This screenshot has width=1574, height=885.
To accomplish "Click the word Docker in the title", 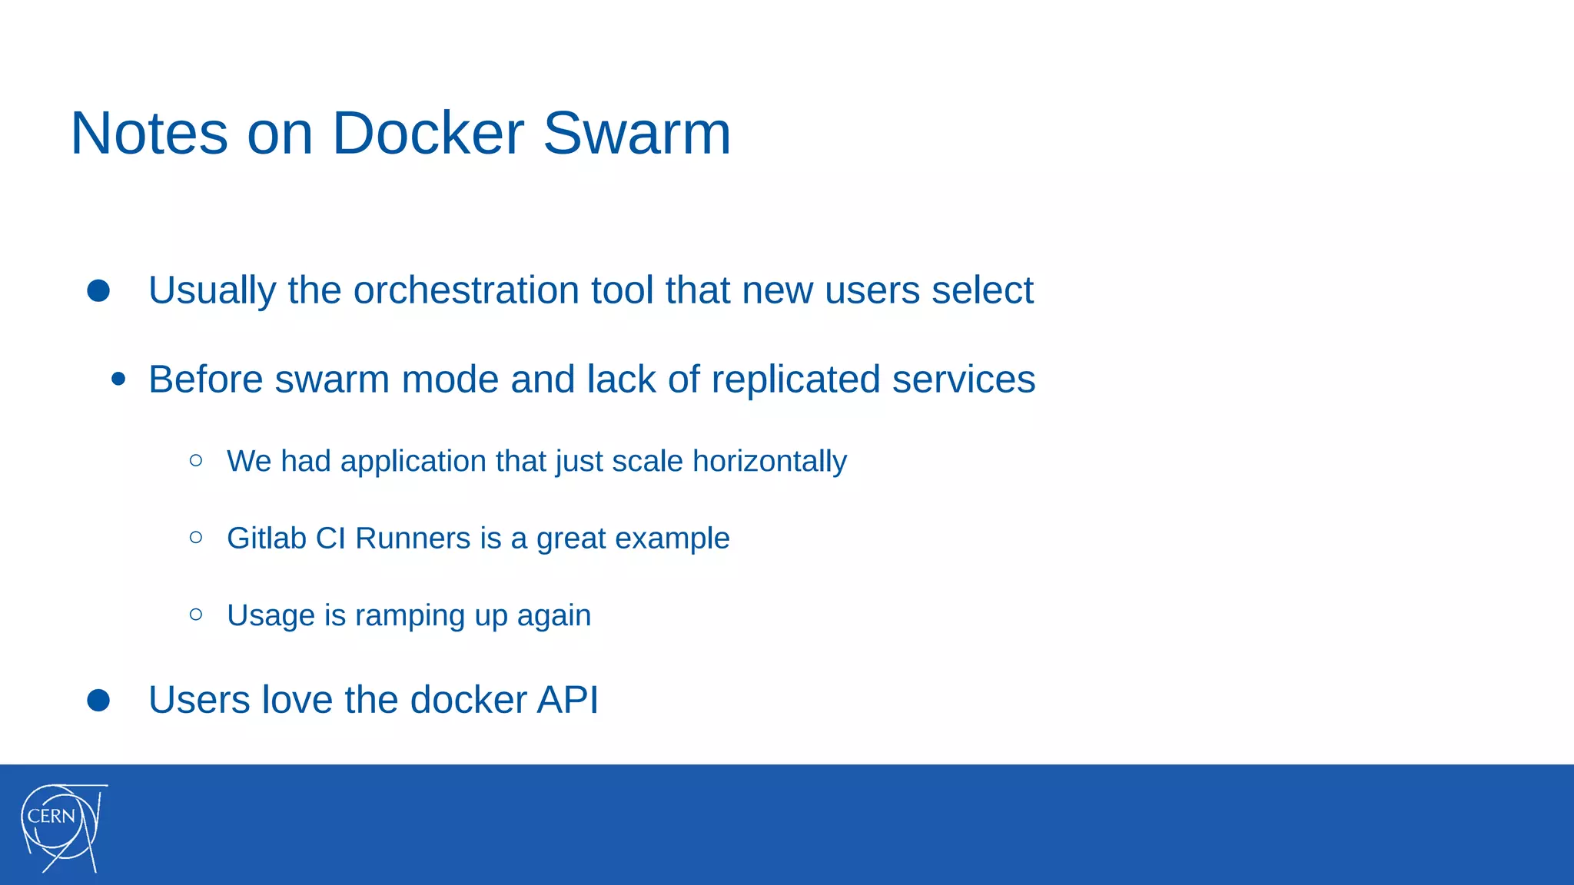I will pos(427,133).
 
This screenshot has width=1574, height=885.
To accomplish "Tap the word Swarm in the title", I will pos(636,133).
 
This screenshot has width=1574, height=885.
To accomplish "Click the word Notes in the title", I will pos(149,133).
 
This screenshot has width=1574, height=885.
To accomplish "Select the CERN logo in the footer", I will pos(62,827).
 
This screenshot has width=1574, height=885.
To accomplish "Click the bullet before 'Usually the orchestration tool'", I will pos(98,290).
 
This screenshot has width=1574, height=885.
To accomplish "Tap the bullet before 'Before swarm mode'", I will pos(118,379).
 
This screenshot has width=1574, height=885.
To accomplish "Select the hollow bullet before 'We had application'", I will pos(196,460).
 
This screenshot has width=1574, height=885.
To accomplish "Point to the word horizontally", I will pos(769,462).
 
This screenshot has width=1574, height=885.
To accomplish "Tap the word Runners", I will pos(413,538).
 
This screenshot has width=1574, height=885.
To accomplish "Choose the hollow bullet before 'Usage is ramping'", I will pos(196,614).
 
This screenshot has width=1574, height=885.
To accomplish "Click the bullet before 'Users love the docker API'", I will pos(98,700).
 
